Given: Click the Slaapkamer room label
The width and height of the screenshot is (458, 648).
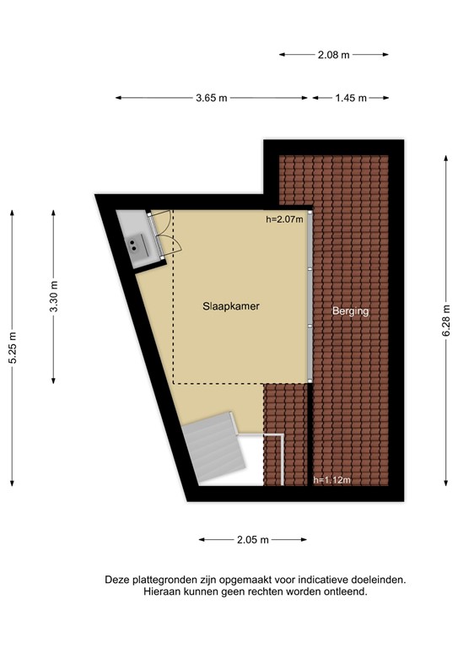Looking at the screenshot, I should tap(230, 306).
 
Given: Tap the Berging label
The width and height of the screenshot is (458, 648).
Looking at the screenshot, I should tap(351, 310).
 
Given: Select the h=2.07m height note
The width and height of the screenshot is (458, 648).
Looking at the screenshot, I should tap(284, 220).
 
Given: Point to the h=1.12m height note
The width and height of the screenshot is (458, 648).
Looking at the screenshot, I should tap(331, 480).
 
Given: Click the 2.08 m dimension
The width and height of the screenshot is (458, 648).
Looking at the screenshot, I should tap(334, 55).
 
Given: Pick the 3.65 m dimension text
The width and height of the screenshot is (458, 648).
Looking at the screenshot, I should tap(212, 98).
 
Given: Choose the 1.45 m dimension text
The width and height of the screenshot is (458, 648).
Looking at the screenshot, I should tap(351, 98).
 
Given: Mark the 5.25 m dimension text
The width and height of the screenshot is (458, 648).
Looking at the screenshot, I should tap(13, 345).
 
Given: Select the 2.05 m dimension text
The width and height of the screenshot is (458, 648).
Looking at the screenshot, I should tap(252, 539).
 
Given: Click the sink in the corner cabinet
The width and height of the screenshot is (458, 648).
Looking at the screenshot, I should tap(135, 246).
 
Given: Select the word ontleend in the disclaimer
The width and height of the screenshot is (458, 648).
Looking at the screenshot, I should tap(344, 592).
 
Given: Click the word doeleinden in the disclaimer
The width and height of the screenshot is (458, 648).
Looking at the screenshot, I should tap(376, 580).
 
